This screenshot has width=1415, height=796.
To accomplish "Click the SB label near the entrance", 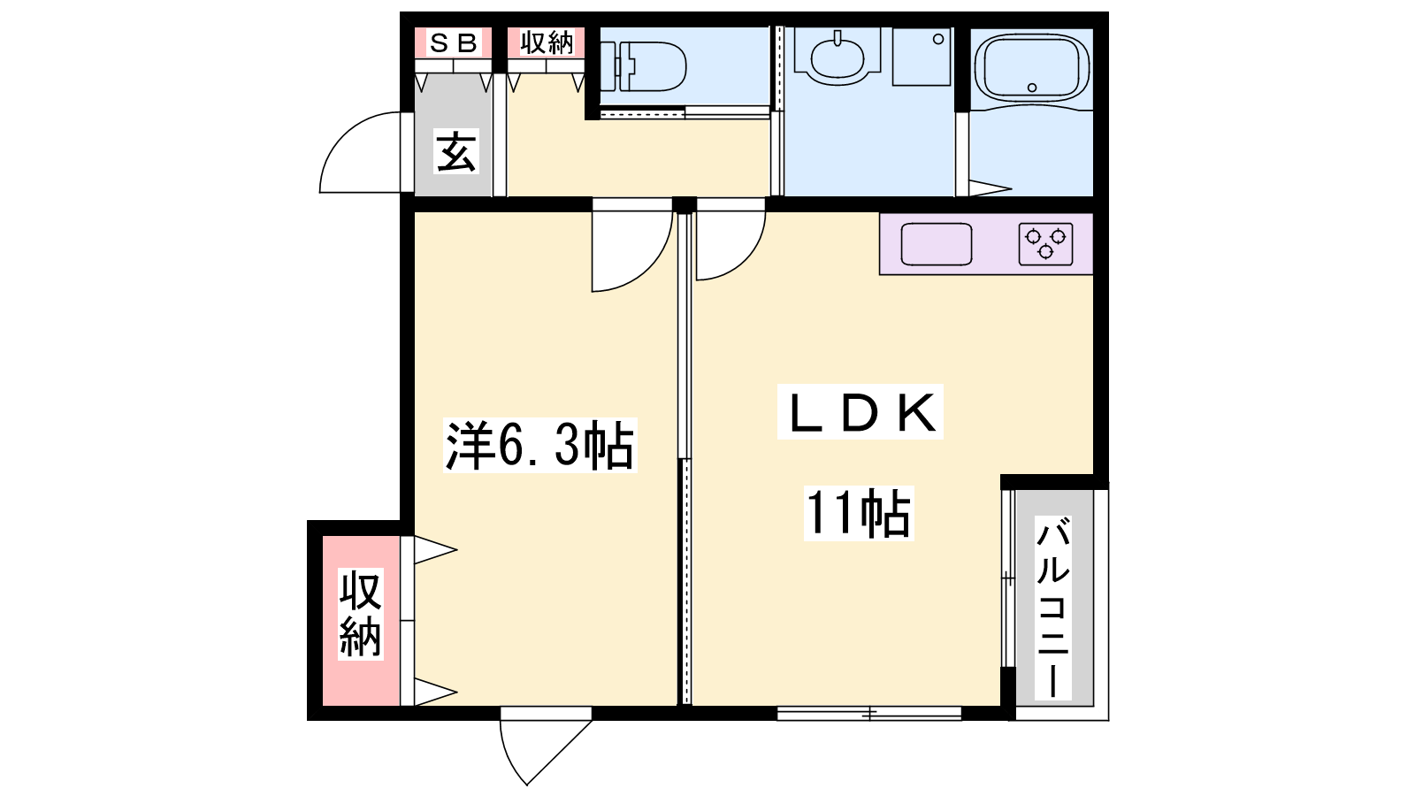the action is click(453, 43).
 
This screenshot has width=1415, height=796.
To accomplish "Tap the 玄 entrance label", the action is click(455, 151).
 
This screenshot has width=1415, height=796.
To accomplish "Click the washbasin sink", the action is click(838, 57).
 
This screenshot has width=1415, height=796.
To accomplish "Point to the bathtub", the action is click(1032, 67).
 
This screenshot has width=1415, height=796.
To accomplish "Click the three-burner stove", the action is click(1045, 244).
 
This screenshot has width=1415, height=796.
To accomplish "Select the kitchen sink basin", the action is click(937, 244).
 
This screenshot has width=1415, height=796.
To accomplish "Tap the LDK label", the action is click(860, 412).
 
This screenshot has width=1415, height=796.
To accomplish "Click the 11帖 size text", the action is click(859, 513).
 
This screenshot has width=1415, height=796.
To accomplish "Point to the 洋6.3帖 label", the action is click(540, 445).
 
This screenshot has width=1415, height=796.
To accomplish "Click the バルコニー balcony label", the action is click(1053, 608).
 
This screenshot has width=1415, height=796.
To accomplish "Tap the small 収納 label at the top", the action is click(547, 43).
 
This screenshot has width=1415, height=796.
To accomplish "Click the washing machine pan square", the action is click(922, 57).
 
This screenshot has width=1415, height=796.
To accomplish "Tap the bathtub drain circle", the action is click(1032, 88).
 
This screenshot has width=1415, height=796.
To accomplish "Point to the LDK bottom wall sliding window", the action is click(869, 713).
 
